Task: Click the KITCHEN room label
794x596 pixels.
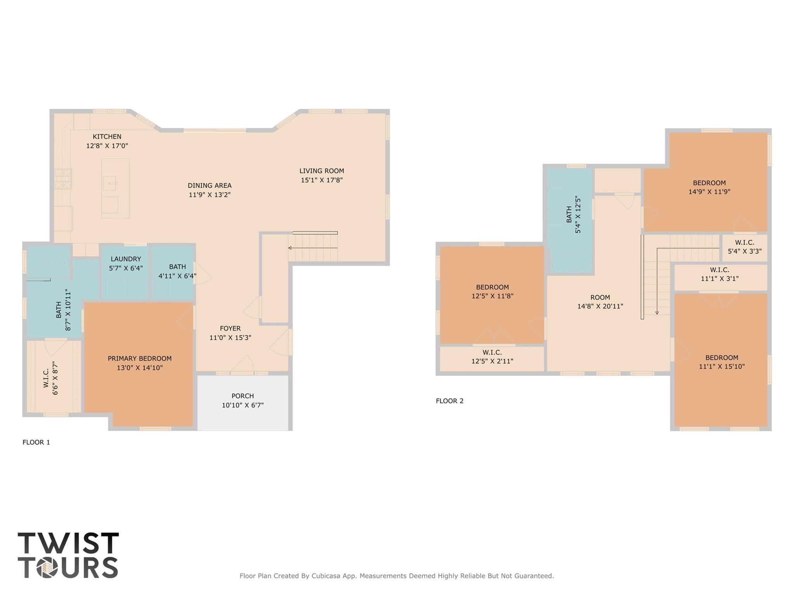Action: tap(107, 137)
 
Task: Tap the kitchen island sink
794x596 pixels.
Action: tap(109, 183)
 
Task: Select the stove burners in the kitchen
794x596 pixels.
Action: tap(63, 179)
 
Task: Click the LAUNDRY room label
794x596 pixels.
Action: tap(126, 259)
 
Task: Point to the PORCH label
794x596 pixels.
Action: tap(242, 396)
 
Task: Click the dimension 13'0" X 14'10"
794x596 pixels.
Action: tap(140, 368)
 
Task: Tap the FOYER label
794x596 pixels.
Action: tap(230, 328)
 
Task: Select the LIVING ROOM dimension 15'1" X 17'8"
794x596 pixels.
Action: tap(322, 180)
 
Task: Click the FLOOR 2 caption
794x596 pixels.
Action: tap(450, 401)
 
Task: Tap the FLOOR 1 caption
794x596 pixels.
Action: tap(36, 442)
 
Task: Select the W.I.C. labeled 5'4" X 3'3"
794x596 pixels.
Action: tap(744, 247)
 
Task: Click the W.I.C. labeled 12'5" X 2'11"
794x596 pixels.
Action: tap(492, 357)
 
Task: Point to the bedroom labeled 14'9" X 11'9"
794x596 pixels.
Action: tap(709, 187)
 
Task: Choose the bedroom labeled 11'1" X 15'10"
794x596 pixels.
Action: tap(721, 362)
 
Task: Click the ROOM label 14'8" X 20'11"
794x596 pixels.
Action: tap(600, 302)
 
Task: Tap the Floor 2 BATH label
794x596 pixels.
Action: tap(569, 214)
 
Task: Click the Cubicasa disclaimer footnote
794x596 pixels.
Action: tap(396, 576)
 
